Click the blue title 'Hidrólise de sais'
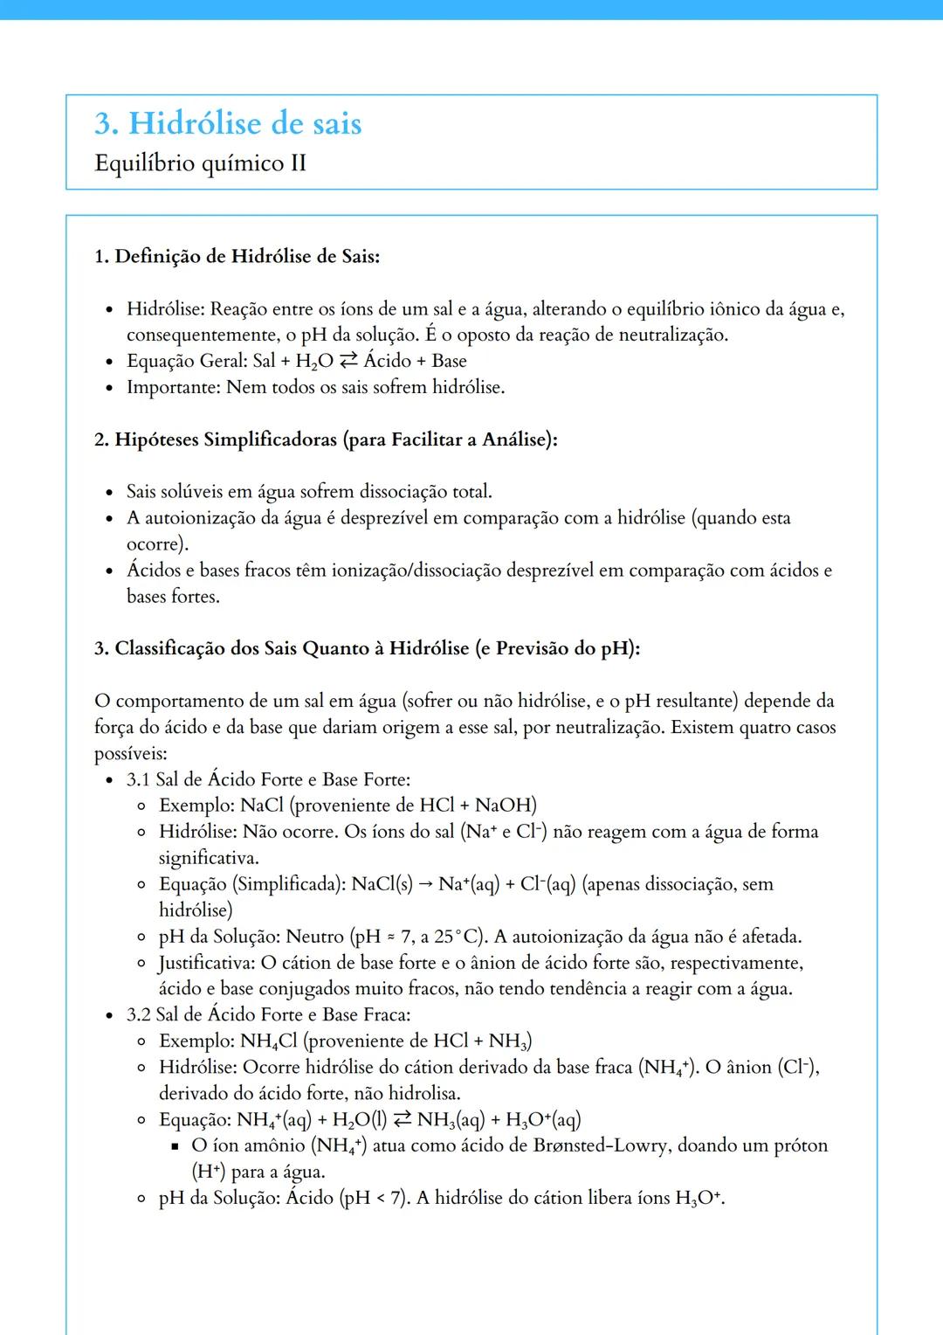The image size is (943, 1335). tap(244, 123)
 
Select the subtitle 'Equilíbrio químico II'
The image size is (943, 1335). tap(200, 163)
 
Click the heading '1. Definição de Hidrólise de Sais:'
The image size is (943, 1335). tap(237, 256)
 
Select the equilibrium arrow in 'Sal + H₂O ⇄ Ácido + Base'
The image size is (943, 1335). tap(348, 361)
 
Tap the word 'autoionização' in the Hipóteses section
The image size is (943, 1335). tap(200, 518)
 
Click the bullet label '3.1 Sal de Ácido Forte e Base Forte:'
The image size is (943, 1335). tap(268, 779)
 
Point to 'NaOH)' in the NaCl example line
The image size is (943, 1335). tap(506, 806)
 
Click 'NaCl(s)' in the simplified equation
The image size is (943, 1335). tap(382, 884)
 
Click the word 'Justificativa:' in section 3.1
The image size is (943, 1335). tap(207, 963)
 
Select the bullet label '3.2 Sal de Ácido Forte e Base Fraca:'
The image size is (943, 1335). tap(268, 1015)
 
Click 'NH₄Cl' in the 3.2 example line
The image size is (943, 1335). tap(269, 1041)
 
